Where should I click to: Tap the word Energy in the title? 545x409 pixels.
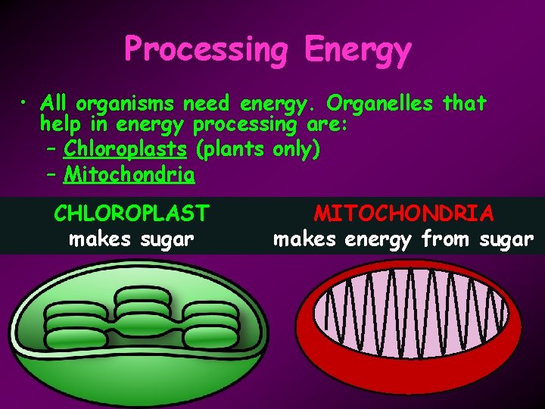358,50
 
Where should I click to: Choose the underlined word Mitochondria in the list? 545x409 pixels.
129,175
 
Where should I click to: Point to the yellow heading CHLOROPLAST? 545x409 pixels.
131,213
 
